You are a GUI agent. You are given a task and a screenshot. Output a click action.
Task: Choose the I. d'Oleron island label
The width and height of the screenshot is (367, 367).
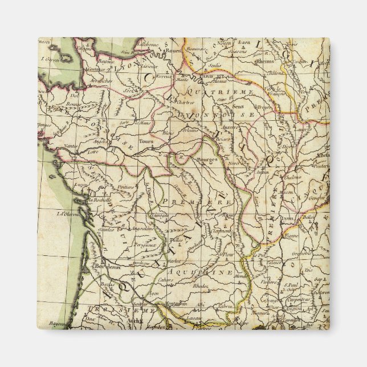[67, 215]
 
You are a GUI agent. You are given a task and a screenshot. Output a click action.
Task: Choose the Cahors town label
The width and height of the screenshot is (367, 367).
[166, 280]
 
